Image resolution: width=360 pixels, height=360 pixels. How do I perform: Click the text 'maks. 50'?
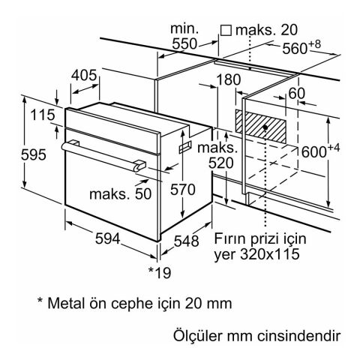[119, 193]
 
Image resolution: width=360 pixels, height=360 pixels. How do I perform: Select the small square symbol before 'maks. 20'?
[224, 31]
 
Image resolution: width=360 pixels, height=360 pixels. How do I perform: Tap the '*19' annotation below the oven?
[159, 270]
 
